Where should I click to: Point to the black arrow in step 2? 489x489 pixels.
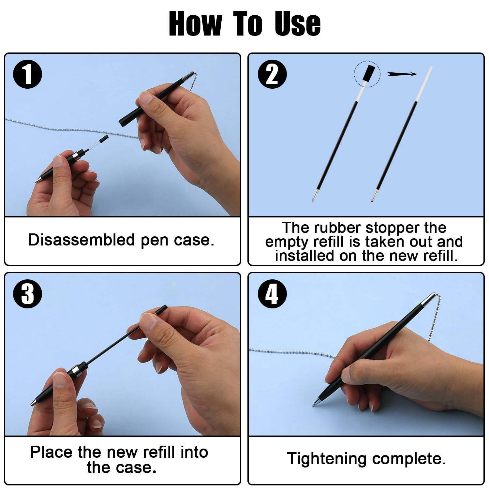[402, 74]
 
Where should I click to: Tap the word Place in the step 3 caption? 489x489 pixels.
[52, 452]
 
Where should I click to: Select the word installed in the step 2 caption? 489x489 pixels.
[304, 256]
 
